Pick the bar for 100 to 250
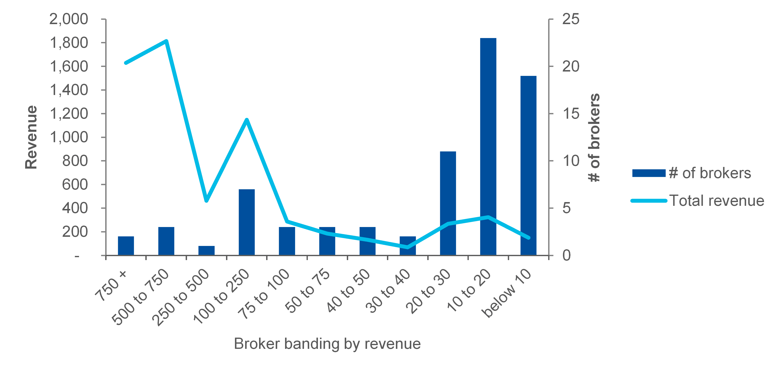pyautogui.click(x=247, y=222)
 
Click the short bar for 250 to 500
pyautogui.click(x=206, y=251)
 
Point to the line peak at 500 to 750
pyautogui.click(x=166, y=41)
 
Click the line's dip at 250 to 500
pyautogui.click(x=206, y=201)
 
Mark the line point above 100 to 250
pyautogui.click(x=247, y=119)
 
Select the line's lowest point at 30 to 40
pyautogui.click(x=407, y=247)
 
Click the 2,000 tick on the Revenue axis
pyautogui.click(x=69, y=19)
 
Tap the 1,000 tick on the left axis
pyautogui.click(x=69, y=137)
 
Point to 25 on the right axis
pyautogui.click(x=571, y=19)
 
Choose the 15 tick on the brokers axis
pyautogui.click(x=571, y=114)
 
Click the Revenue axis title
pyautogui.click(x=31, y=137)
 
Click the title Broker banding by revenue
pyautogui.click(x=327, y=344)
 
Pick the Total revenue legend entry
pyautogui.click(x=717, y=201)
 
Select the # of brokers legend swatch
pyautogui.click(x=649, y=173)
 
